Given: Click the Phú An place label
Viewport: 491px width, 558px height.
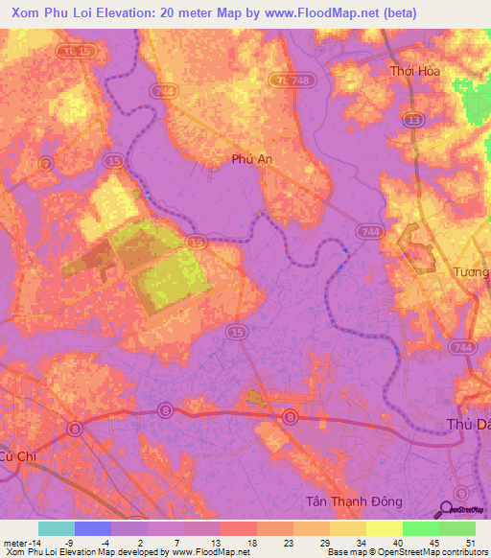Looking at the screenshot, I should [252, 161].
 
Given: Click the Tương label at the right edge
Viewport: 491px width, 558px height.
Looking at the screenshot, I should [471, 272].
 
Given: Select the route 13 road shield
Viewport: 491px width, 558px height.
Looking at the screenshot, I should [413, 118].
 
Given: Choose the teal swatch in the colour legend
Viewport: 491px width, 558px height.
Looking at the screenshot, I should [57, 528].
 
